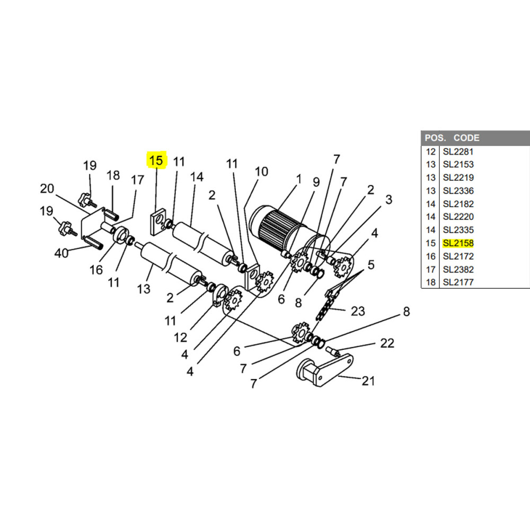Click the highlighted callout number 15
[156, 160]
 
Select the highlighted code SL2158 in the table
[458, 243]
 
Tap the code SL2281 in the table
[458, 152]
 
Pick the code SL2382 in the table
[458, 269]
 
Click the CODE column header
[466, 138]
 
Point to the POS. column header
[435, 138]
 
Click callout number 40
[61, 253]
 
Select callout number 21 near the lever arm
[368, 381]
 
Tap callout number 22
[387, 343]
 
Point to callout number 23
[358, 311]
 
